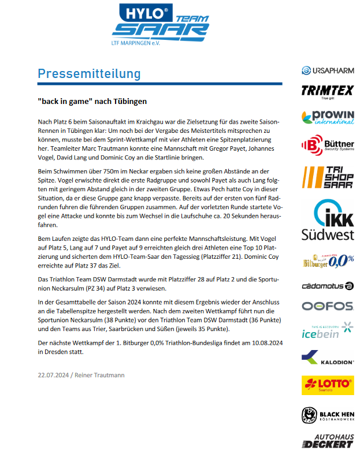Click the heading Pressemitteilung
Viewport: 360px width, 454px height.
[x=89, y=74]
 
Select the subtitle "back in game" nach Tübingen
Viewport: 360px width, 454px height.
[x=92, y=102]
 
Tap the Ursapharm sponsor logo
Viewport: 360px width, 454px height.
[x=327, y=70]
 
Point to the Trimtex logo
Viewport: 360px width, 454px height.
[x=327, y=92]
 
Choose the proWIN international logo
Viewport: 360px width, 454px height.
[x=327, y=118]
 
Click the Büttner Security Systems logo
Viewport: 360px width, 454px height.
[x=327, y=146]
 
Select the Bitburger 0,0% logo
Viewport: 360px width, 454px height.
[x=327, y=261]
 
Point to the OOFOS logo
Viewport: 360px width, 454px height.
[x=327, y=306]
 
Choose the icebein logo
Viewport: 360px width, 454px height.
[x=327, y=331]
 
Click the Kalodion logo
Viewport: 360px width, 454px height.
[x=327, y=359]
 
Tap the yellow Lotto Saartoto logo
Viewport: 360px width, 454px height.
[x=327, y=385]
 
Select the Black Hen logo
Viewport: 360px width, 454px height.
[x=327, y=415]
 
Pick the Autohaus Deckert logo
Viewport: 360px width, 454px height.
[x=327, y=441]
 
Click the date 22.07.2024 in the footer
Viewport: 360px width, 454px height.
[x=54, y=375]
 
